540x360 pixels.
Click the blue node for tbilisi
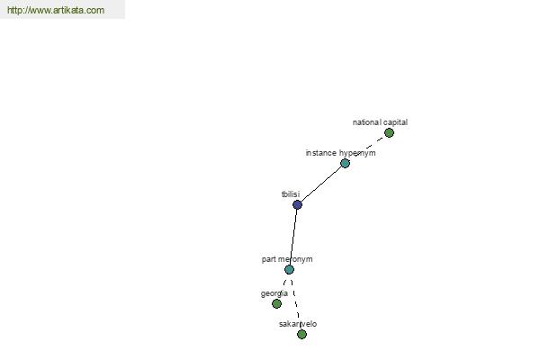(x=297, y=204)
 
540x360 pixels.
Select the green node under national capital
(x=389, y=132)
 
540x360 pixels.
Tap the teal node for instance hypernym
(x=345, y=163)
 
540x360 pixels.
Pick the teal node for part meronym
(x=289, y=269)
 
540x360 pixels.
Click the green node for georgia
(x=276, y=303)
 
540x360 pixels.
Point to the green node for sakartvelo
(x=301, y=334)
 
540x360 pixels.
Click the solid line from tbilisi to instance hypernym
(x=321, y=184)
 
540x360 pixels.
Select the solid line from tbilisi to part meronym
(x=293, y=237)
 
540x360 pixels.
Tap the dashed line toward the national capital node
(x=369, y=147)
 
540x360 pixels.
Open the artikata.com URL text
(x=56, y=10)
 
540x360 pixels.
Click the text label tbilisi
(x=291, y=194)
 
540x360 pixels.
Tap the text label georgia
(x=274, y=294)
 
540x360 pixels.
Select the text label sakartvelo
(x=298, y=324)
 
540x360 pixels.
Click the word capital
(x=395, y=122)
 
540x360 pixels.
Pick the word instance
(x=321, y=153)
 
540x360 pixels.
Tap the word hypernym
(x=357, y=153)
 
